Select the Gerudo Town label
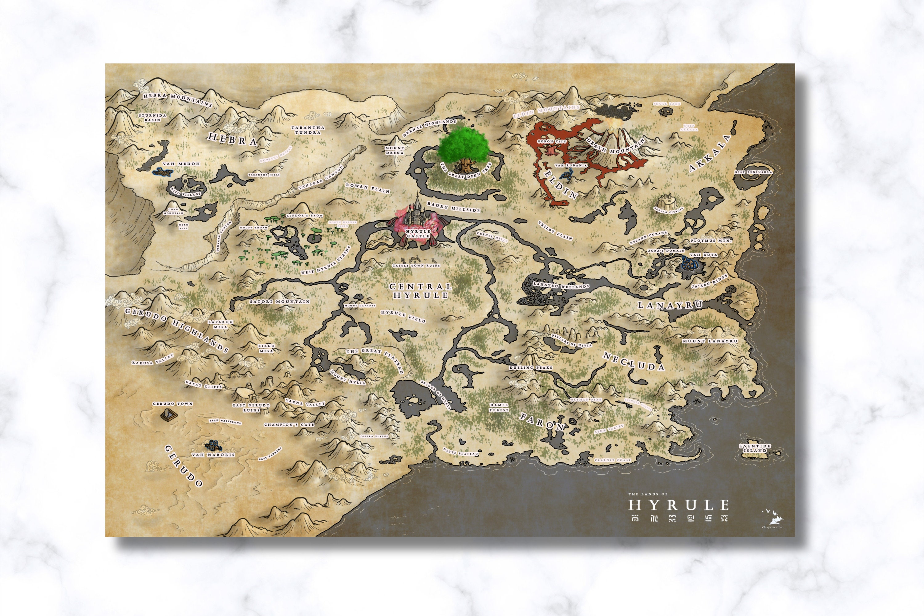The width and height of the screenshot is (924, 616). point(172,403)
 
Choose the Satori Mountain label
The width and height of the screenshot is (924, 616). point(280,302)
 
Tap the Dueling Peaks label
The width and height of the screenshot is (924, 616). point(530,368)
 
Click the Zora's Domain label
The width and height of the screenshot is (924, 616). point(666,250)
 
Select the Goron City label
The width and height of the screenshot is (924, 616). point(551,141)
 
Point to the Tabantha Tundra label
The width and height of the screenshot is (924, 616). point(308,130)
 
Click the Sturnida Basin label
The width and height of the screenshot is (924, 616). point(152,117)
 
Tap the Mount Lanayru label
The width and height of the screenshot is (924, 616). point(710,341)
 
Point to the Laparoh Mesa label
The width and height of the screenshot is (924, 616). point(221,324)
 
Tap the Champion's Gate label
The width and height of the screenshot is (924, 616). point(289,425)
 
